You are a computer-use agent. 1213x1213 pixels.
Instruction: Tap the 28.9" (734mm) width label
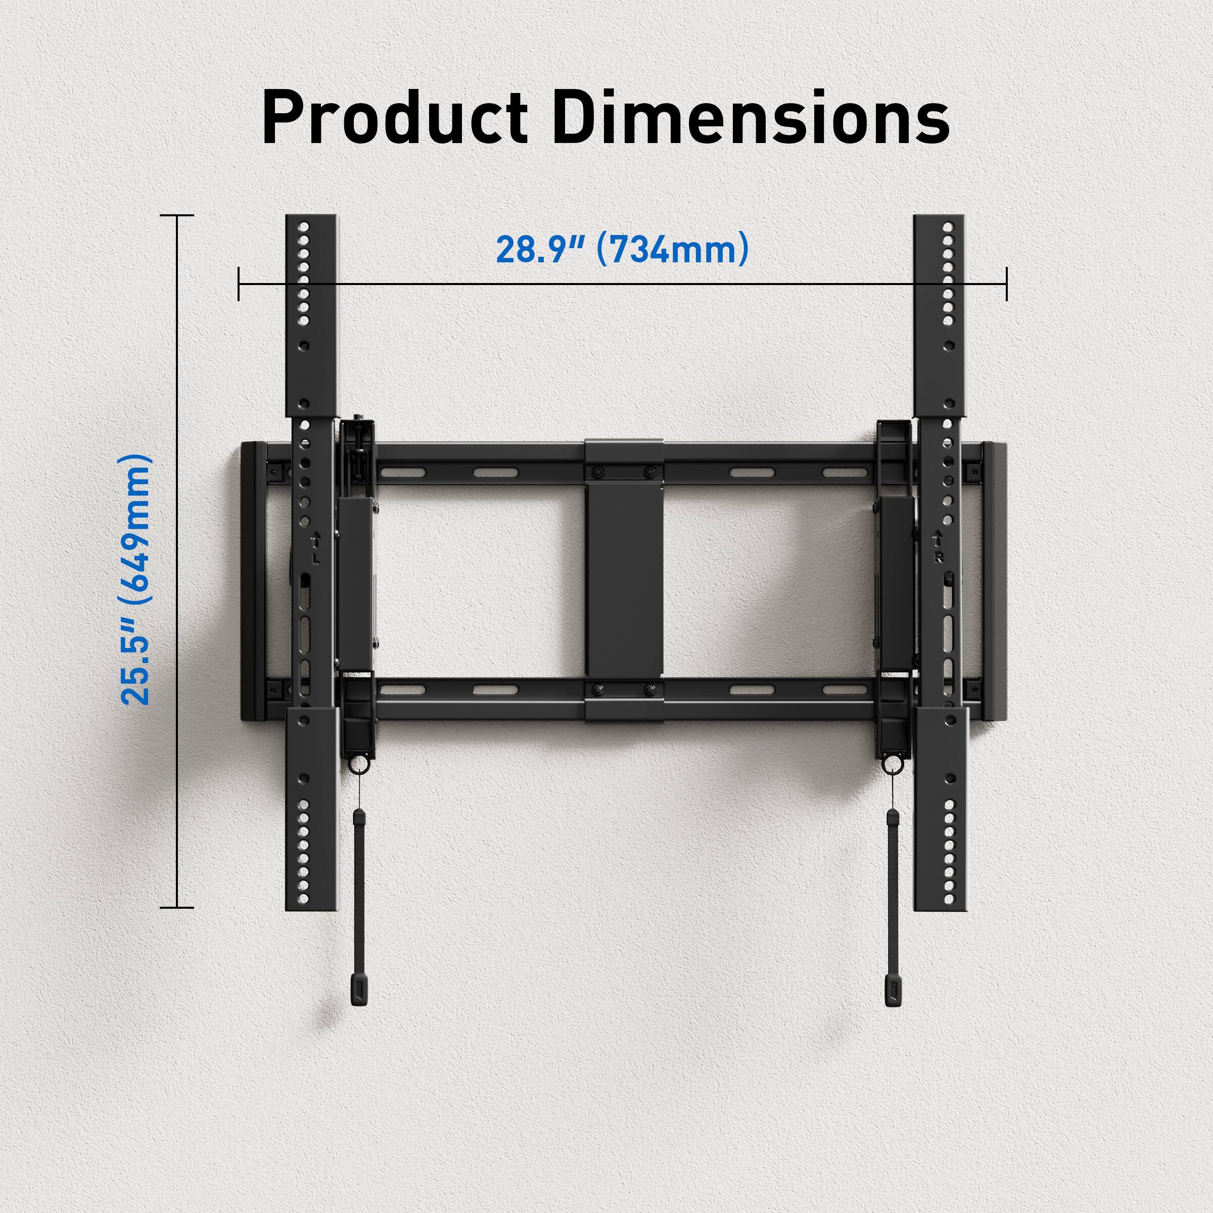tap(622, 249)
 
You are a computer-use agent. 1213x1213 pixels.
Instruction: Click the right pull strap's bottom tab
tap(893, 991)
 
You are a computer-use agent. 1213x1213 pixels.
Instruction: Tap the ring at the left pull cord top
tap(357, 765)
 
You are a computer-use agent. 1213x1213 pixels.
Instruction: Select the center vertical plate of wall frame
tap(625, 581)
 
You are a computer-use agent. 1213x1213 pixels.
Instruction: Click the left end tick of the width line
tap(239, 284)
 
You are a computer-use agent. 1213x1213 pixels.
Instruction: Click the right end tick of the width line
tap(1006, 284)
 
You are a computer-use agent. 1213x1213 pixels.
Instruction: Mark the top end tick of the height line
tap(177, 215)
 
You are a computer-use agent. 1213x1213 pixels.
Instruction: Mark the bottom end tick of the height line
tap(177, 907)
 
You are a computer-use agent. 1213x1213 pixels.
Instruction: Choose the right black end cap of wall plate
tap(995, 581)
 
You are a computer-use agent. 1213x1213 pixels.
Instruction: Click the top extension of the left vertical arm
tap(311, 314)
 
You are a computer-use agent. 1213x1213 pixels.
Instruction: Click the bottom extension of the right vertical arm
tap(939, 810)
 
